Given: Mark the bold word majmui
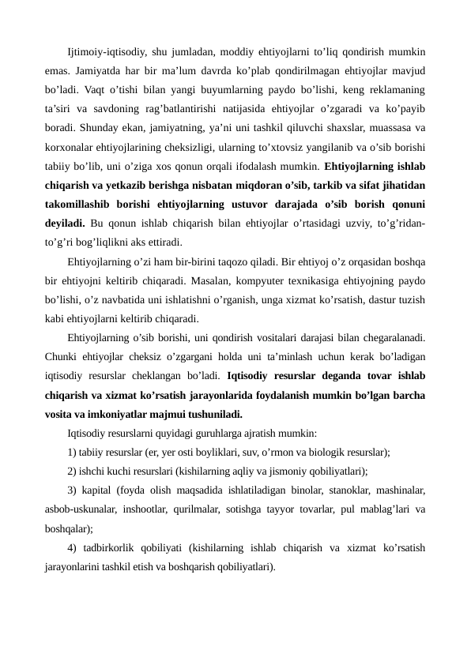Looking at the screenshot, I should pos(159,413).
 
